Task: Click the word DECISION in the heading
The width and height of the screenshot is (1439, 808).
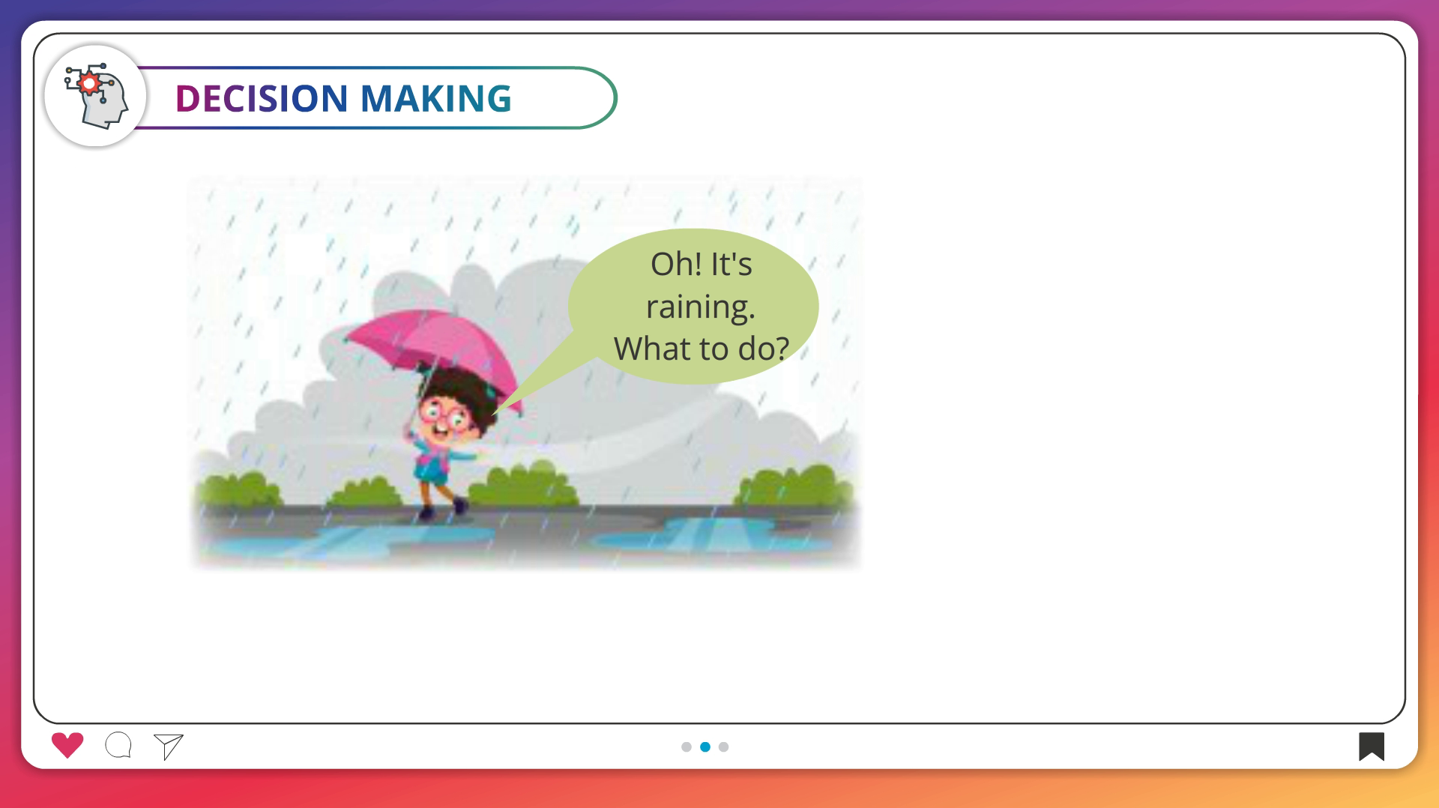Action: (x=262, y=98)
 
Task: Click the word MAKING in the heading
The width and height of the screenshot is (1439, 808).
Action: (x=435, y=98)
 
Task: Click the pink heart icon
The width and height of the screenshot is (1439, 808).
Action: (x=67, y=745)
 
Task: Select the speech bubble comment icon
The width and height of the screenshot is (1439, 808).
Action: (x=118, y=745)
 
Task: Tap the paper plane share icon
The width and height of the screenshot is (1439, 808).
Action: (x=169, y=747)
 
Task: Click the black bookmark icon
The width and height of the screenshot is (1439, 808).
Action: (x=1372, y=746)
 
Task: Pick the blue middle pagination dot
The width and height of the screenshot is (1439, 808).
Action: (x=705, y=747)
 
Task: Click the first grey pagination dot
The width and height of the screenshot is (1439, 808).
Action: (x=687, y=747)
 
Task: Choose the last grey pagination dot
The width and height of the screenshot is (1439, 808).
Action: (x=723, y=747)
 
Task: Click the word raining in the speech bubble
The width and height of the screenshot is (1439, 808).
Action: (x=700, y=307)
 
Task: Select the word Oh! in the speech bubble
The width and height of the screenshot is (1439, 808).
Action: (x=675, y=264)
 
